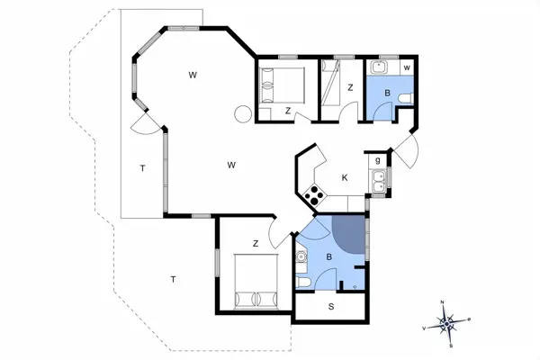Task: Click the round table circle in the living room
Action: click(x=242, y=114)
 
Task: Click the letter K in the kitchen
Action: click(x=345, y=178)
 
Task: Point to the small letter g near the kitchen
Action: click(x=379, y=160)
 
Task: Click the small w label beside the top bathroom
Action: click(x=407, y=68)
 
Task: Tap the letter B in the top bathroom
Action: click(x=387, y=92)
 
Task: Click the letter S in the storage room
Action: click(x=331, y=308)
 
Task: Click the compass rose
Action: click(x=447, y=321)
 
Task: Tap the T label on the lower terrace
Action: click(x=172, y=280)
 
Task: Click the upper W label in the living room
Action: click(x=193, y=75)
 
